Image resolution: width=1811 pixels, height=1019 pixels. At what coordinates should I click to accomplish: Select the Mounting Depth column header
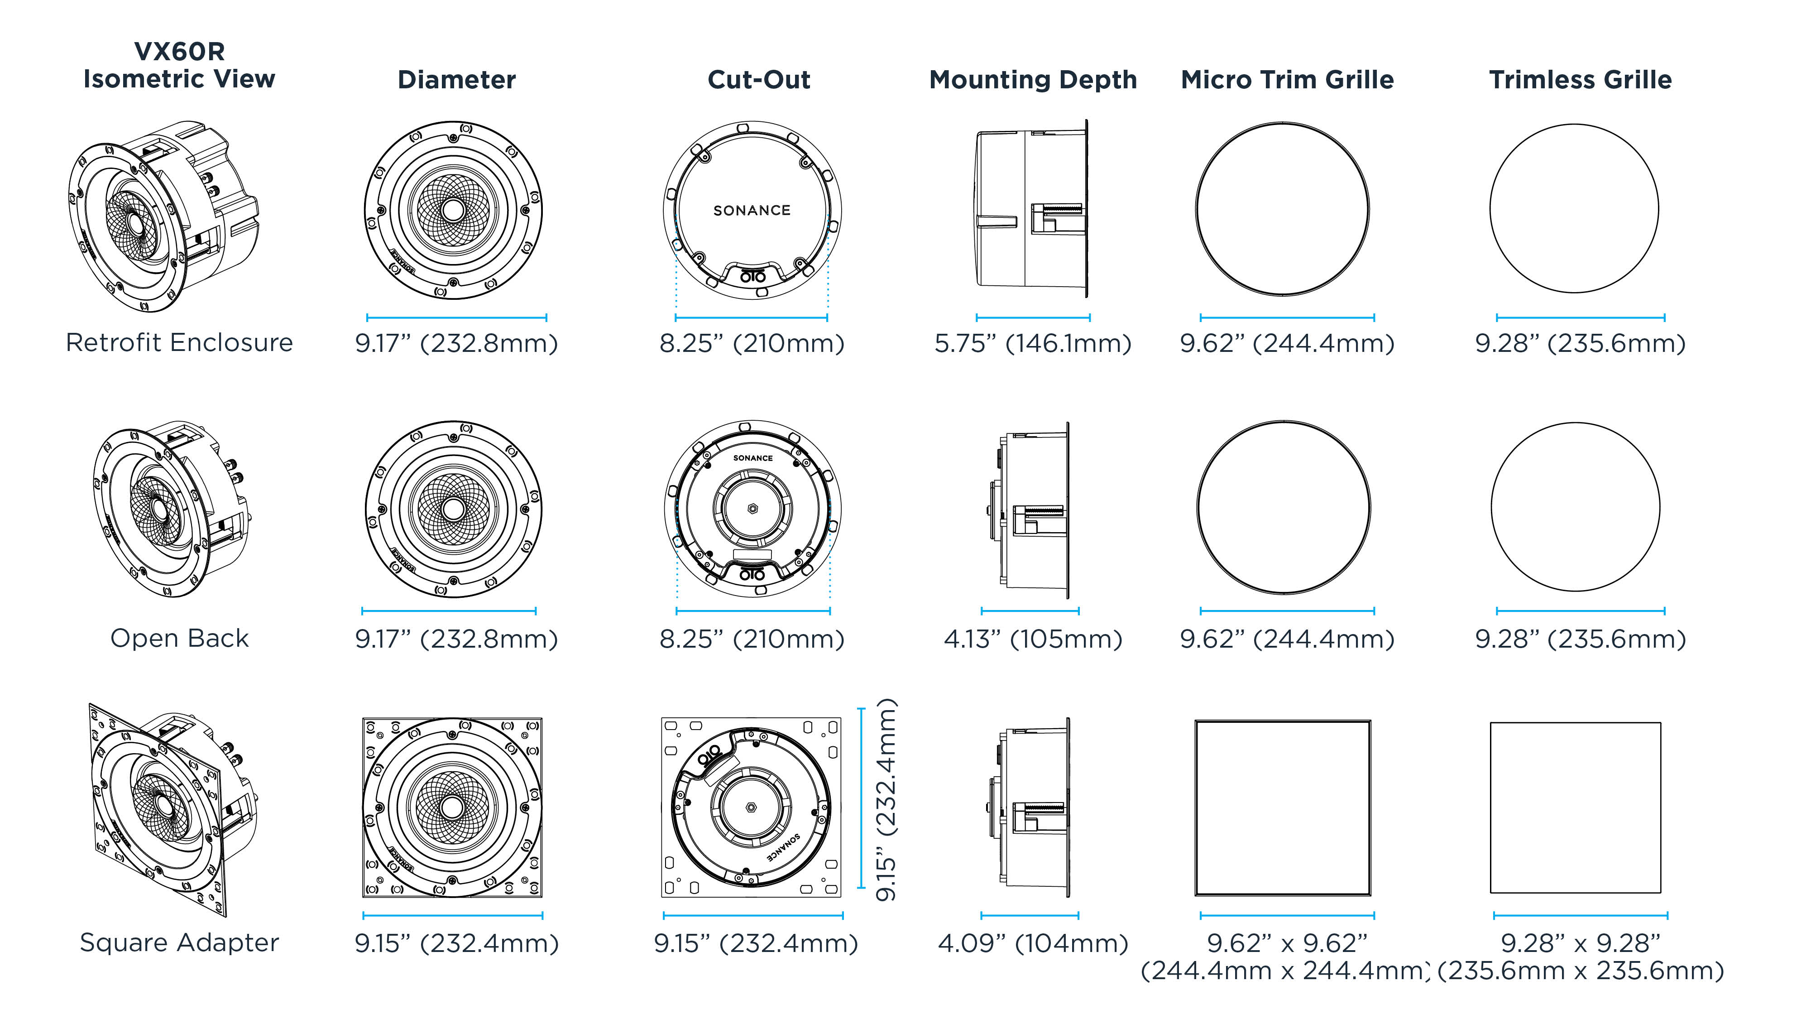click(1032, 79)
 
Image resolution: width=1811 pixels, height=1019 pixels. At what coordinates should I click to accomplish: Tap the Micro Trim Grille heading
click(1287, 79)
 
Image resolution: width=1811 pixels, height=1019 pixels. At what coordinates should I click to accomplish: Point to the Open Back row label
click(179, 638)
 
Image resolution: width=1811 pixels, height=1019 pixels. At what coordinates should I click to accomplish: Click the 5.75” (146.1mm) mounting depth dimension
click(1032, 343)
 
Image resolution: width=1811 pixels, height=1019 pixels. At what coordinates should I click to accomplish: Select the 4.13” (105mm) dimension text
click(1032, 639)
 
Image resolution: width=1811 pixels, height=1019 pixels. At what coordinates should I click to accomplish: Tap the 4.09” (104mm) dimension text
click(1032, 943)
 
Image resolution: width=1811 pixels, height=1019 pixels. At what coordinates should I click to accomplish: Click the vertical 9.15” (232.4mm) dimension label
click(886, 800)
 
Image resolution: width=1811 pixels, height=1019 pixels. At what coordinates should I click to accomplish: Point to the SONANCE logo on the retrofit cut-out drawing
click(752, 210)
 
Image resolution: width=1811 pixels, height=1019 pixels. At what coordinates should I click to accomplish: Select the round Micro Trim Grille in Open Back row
click(1284, 507)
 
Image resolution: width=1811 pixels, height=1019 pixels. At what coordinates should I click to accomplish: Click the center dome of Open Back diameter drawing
click(454, 509)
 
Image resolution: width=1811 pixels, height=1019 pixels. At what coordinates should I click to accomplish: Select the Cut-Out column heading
click(758, 79)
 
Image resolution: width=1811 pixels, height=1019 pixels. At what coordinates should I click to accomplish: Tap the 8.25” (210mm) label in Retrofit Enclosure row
click(752, 343)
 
